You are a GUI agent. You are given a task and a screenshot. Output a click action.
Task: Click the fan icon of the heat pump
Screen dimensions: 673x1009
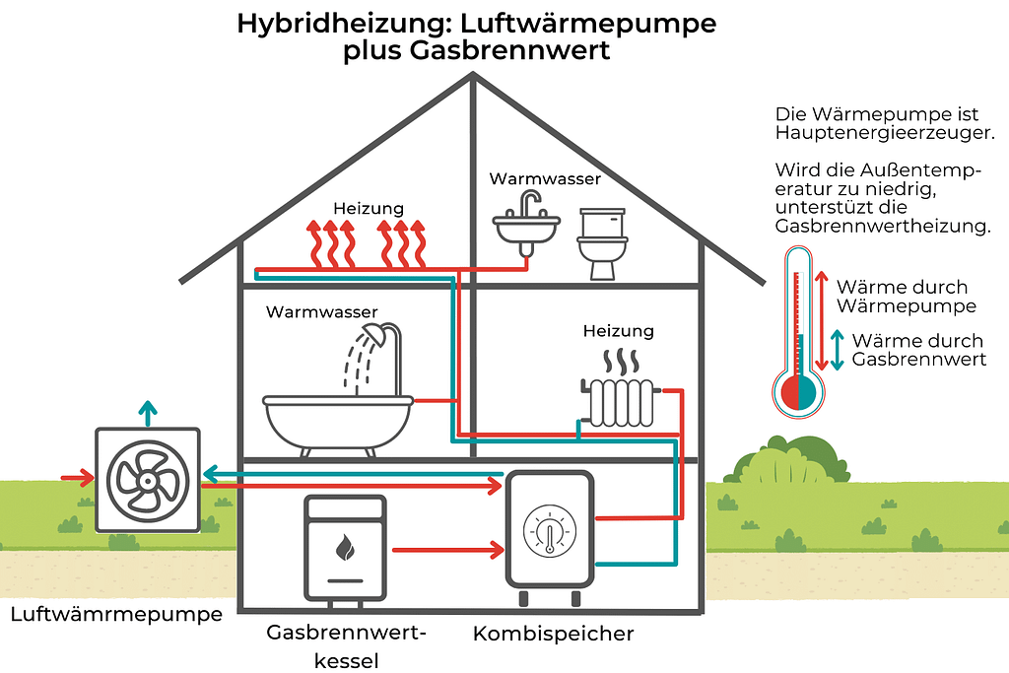(148, 481)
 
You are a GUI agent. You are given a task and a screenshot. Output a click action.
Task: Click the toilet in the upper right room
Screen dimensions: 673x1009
(600, 242)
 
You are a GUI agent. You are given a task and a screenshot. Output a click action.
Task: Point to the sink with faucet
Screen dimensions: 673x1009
(526, 225)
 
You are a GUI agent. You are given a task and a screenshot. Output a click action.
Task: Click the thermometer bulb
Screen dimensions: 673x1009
(798, 392)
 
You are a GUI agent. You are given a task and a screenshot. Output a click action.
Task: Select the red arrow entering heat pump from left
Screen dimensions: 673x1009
(77, 479)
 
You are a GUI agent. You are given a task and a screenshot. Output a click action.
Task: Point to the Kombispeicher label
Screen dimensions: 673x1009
(553, 633)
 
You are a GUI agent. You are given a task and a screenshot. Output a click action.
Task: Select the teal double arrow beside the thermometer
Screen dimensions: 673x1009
(838, 350)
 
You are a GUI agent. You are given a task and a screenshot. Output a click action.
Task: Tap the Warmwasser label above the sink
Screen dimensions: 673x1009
(545, 179)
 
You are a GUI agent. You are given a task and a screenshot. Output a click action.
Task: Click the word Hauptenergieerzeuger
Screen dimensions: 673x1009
(885, 132)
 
